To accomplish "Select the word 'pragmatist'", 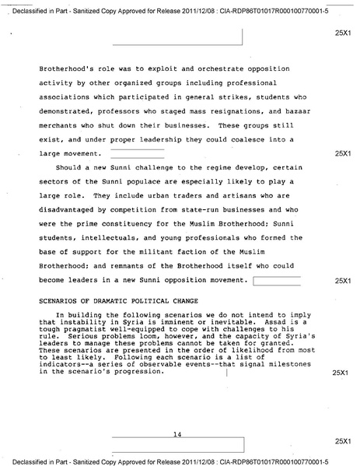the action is (x=93, y=328).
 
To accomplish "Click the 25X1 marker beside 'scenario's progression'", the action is (x=341, y=373).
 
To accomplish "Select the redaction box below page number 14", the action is (x=178, y=445).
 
